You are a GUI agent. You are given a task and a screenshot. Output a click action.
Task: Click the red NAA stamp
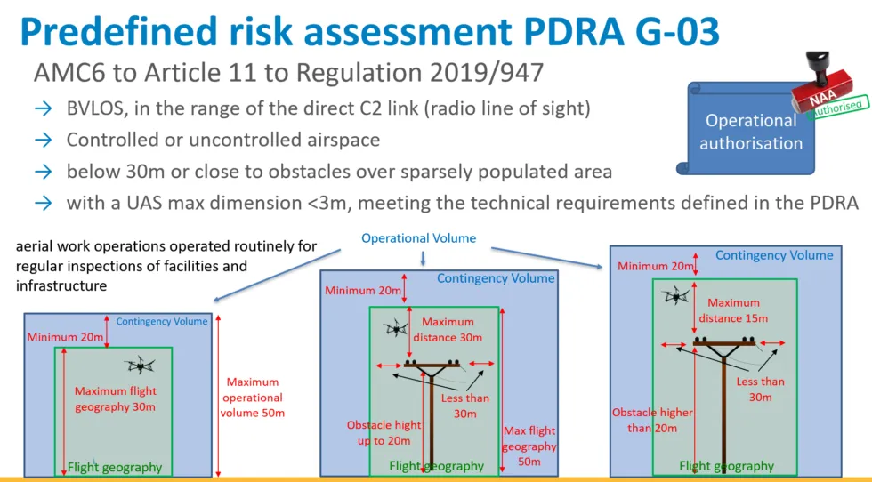(x=822, y=84)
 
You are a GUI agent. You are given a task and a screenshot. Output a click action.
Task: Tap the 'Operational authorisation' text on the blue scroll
(x=751, y=132)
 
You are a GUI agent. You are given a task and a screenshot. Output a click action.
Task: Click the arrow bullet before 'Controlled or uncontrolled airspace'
(x=44, y=140)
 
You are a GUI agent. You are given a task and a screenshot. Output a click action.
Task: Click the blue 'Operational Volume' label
(x=419, y=238)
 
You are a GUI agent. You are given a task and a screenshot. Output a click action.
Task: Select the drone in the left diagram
(x=140, y=366)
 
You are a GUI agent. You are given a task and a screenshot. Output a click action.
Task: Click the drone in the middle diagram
(x=396, y=328)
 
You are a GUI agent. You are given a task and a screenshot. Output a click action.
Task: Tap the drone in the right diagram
(x=676, y=294)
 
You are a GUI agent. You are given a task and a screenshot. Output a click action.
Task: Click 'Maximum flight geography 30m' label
(x=115, y=399)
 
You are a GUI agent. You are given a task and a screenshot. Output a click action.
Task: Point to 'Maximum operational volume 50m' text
(x=253, y=398)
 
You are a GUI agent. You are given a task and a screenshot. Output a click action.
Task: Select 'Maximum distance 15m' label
(x=733, y=310)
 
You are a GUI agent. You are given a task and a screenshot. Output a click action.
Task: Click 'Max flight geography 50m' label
(x=529, y=446)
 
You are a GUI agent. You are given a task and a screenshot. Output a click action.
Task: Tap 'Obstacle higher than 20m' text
(x=652, y=421)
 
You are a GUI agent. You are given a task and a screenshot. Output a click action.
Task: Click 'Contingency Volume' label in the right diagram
(x=774, y=255)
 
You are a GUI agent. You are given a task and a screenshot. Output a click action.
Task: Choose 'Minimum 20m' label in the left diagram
(x=65, y=337)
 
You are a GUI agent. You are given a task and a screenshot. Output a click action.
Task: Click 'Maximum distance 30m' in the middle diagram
(x=448, y=330)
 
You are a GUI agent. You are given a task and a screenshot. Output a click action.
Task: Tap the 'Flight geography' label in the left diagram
(x=115, y=468)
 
